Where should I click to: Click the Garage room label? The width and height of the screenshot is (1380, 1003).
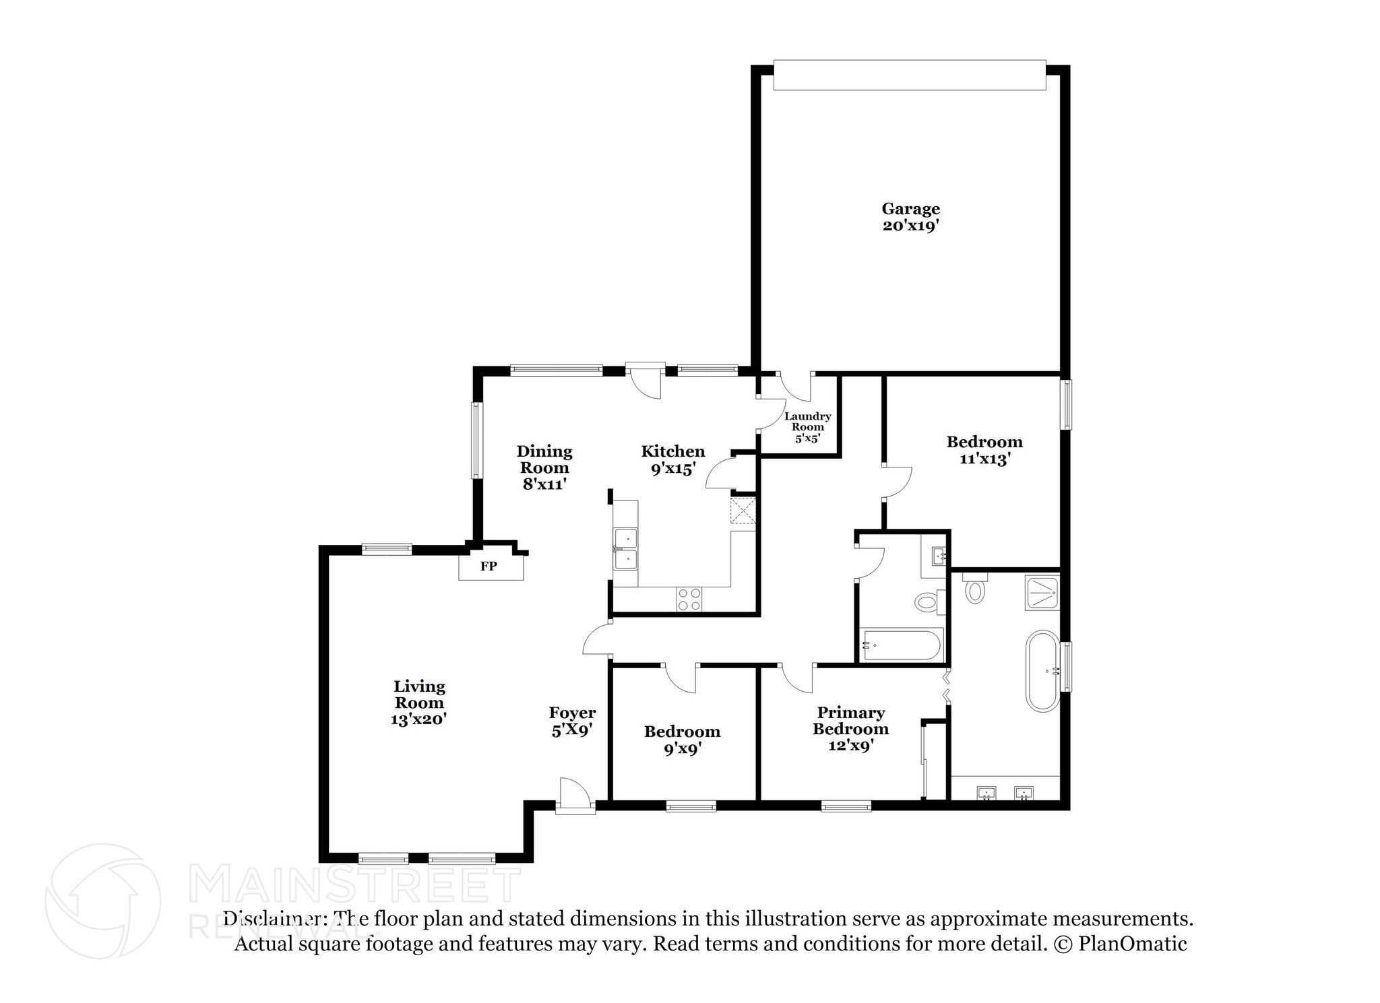[x=910, y=209]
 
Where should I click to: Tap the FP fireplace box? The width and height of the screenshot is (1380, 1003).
[x=490, y=566]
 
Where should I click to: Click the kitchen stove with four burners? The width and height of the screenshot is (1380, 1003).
[x=689, y=600]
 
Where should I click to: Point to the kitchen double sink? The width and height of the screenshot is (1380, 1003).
[x=625, y=550]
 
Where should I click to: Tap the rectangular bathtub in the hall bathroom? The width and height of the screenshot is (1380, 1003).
[x=901, y=645]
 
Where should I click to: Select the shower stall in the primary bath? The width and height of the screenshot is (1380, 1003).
[x=1042, y=592]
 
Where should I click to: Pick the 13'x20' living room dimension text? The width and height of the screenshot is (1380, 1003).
[x=418, y=719]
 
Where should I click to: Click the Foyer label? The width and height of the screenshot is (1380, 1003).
[x=572, y=713]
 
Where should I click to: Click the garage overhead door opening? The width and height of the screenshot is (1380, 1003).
[x=909, y=75]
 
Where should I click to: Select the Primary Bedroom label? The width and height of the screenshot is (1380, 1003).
[x=850, y=721]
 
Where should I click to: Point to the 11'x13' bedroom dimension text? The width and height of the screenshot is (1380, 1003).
[x=984, y=459]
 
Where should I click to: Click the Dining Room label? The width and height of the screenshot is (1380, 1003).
[x=544, y=459]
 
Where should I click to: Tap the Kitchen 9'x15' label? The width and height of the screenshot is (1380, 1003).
[x=672, y=460]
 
